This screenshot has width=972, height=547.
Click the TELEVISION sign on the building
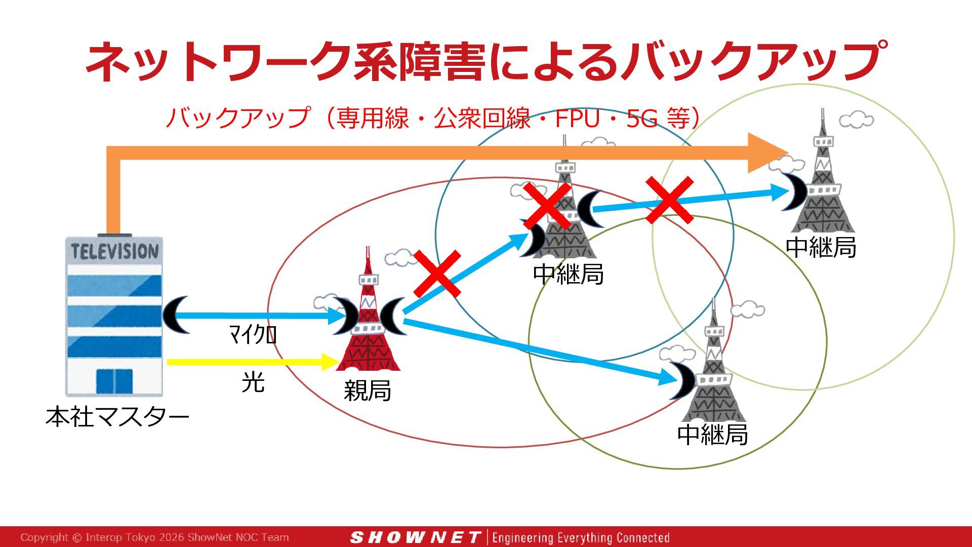[x=114, y=251]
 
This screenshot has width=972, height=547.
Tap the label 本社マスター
[x=117, y=416]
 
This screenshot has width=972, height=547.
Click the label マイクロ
[x=253, y=334]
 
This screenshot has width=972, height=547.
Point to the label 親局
[x=367, y=390]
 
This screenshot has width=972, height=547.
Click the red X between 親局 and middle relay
[x=437, y=273]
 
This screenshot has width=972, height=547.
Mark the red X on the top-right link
[x=669, y=200]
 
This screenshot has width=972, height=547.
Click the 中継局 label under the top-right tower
[x=821, y=247]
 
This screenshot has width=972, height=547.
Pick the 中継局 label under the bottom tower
[x=712, y=434]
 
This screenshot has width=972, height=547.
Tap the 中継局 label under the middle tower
[x=569, y=274]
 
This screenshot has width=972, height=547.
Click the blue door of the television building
[x=114, y=381]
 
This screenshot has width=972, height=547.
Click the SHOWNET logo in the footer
[x=415, y=537]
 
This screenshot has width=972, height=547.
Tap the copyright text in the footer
[x=154, y=537]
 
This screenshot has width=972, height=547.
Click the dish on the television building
[x=175, y=315]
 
